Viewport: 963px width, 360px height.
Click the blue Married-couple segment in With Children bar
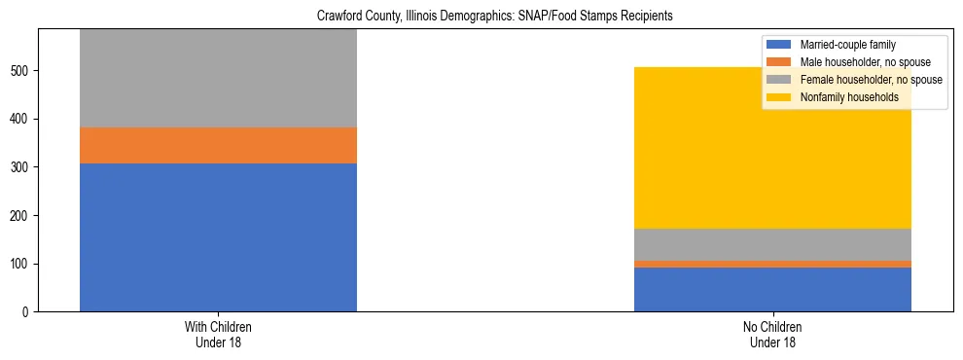[x=218, y=237]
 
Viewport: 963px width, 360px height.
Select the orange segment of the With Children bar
[x=218, y=145]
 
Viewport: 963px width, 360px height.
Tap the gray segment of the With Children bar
[x=218, y=78]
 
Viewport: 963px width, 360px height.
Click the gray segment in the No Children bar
[x=772, y=244]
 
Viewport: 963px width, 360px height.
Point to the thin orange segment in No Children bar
[x=772, y=264]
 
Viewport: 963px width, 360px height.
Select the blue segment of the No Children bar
[x=772, y=289]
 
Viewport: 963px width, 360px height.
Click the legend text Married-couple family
[x=847, y=45]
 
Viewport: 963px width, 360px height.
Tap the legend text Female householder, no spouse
[x=871, y=80]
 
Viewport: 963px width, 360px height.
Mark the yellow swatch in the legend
[x=779, y=97]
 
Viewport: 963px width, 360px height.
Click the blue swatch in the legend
[x=779, y=45]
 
